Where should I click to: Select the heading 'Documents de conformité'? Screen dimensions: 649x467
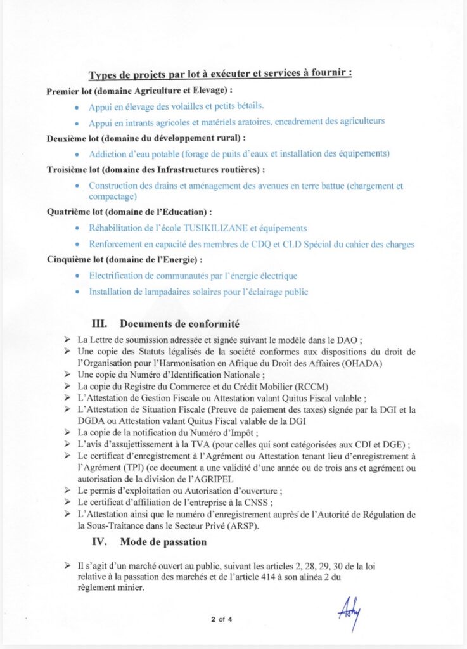click(x=179, y=324)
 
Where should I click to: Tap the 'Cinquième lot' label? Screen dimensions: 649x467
click(x=74, y=260)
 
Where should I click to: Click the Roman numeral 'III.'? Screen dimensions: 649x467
click(x=103, y=324)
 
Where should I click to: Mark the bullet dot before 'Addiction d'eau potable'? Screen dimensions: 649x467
click(x=77, y=154)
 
